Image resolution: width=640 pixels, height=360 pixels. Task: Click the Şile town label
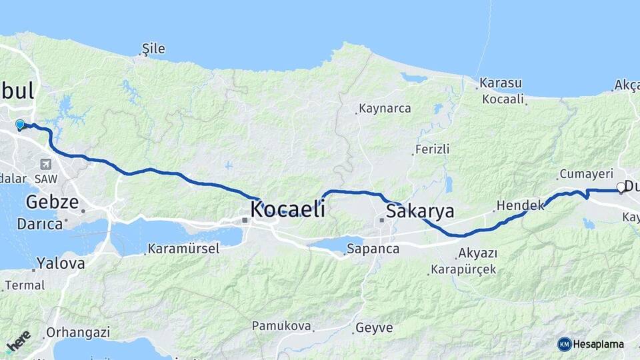coord(153,49)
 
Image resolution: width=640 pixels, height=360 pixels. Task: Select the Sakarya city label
coord(420,212)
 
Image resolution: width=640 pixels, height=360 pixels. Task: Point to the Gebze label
coord(52,202)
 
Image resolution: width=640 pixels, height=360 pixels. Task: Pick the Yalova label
coord(61,263)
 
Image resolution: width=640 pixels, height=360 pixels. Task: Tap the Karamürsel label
coord(183,249)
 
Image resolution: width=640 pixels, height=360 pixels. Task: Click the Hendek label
coord(521,205)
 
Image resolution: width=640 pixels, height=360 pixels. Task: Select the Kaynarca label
coord(385,108)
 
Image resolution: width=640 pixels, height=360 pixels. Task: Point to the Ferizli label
coord(432,149)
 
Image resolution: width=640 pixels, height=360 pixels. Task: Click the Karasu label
coord(499,83)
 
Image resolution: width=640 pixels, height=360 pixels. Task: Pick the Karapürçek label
coord(463,269)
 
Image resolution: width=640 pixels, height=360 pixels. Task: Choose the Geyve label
coord(374,328)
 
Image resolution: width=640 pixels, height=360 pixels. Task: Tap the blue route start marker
coord(20,125)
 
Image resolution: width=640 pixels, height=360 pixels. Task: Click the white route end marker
coord(621,187)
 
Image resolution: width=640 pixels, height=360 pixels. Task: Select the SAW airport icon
coord(45,164)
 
